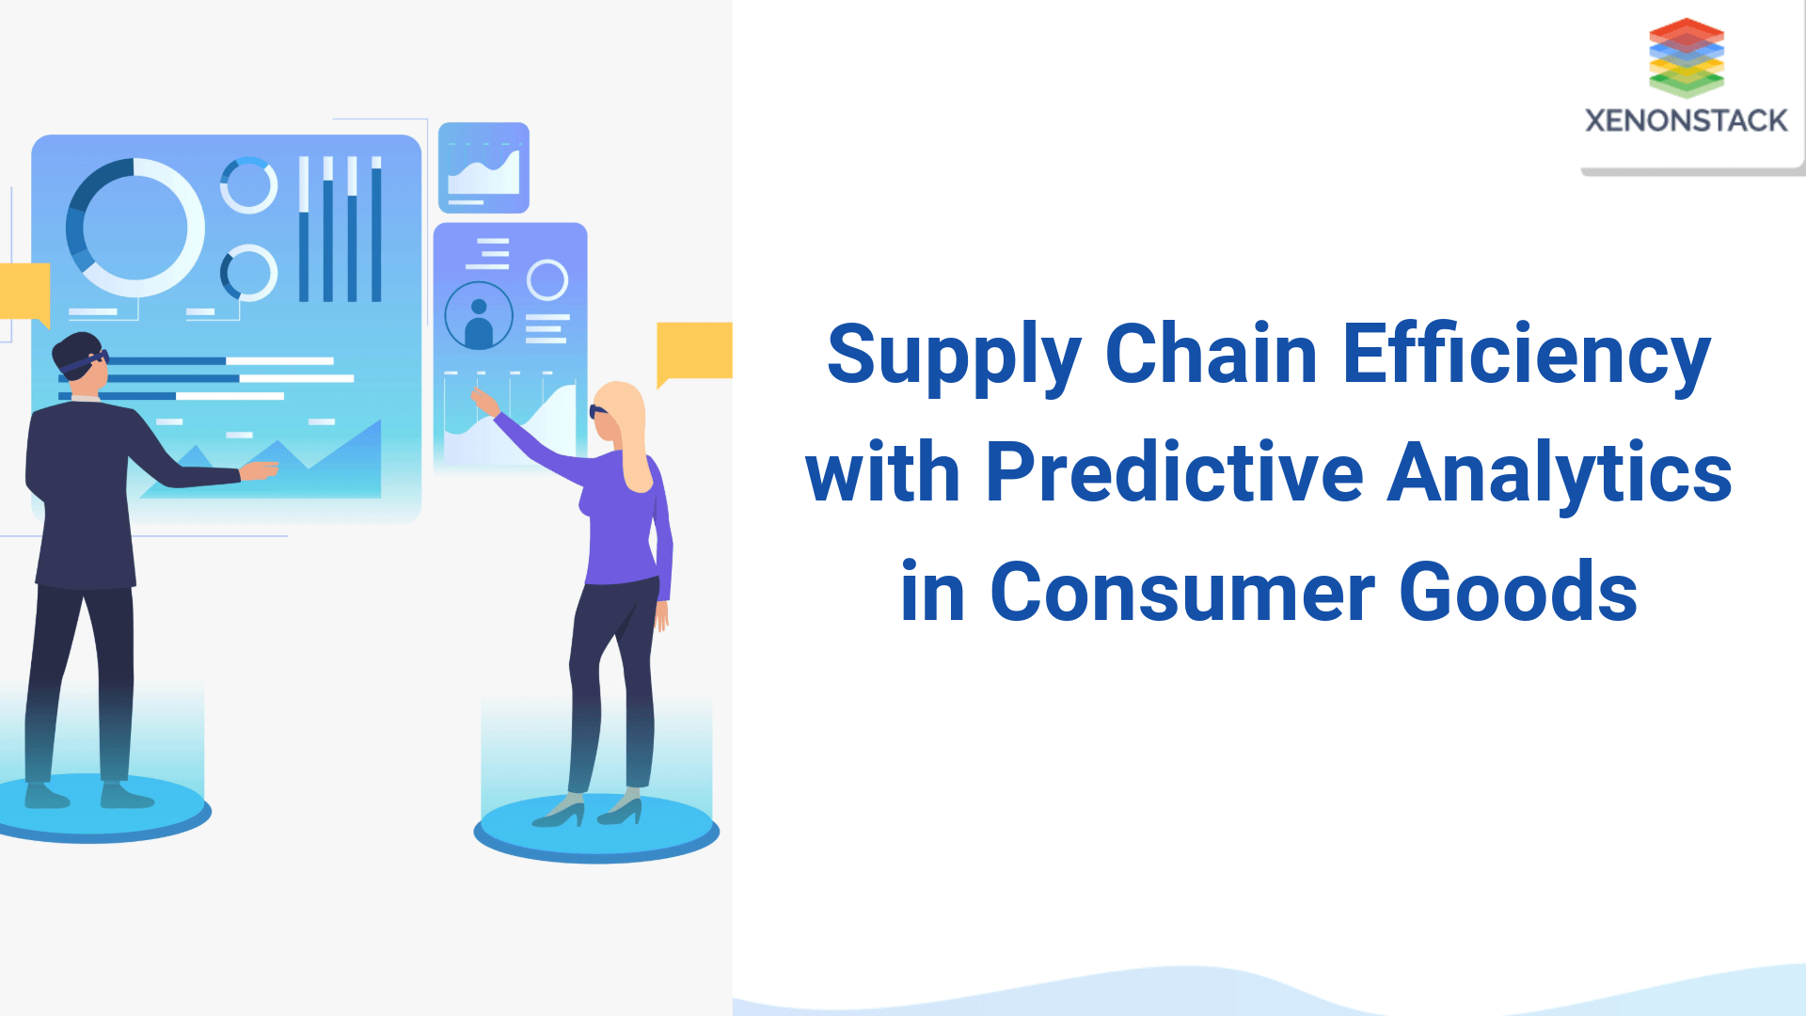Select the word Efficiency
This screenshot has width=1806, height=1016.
pos(1526,356)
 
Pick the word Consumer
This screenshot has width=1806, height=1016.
pos(1182,593)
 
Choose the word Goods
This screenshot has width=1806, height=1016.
pos(1518,593)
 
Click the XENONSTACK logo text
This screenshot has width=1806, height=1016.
pos(1686,120)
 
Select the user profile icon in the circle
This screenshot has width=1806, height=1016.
pos(479,316)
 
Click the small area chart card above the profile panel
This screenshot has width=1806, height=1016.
pos(483,168)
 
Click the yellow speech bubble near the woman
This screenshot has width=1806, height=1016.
pos(695,350)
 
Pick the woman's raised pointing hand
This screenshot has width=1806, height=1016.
pos(483,402)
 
